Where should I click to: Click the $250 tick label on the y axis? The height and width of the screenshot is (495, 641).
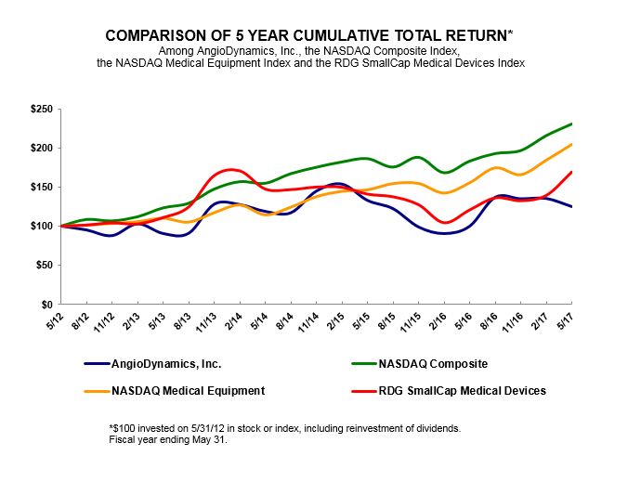[x=40, y=110]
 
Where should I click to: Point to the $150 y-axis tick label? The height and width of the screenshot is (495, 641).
[x=40, y=188]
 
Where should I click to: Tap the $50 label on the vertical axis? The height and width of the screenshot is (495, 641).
[x=43, y=266]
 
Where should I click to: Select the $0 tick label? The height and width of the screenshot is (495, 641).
[x=46, y=305]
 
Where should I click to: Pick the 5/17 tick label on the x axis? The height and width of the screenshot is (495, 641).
[x=565, y=319]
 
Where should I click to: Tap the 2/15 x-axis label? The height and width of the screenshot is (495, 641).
[x=334, y=319]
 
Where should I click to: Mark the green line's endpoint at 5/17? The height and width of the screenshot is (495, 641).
[x=571, y=124]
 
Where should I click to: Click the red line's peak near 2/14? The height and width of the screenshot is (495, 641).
[x=232, y=170]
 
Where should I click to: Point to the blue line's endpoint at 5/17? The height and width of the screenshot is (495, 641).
[x=571, y=206]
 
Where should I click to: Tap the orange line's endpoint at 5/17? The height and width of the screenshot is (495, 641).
[x=571, y=144]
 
